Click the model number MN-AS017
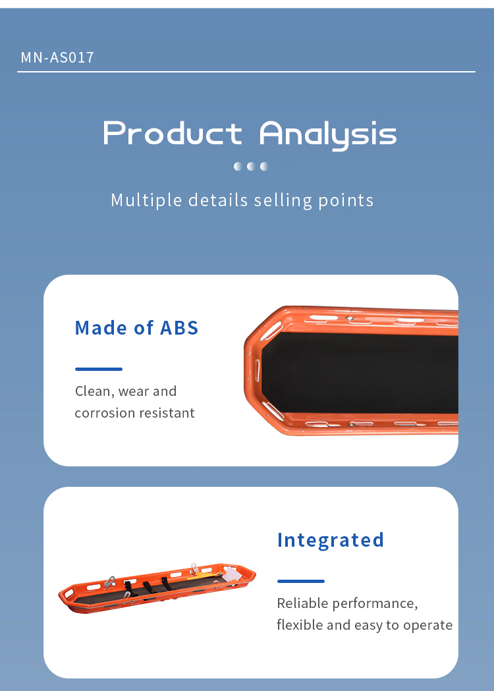(57, 57)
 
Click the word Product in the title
(173, 133)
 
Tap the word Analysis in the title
(328, 135)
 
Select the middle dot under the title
(251, 166)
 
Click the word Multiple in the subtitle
(146, 200)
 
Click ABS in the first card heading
(179, 328)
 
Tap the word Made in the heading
(101, 328)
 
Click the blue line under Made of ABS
(99, 370)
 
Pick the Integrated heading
(331, 541)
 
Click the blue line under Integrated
(301, 581)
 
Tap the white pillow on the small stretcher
(232, 574)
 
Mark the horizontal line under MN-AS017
(246, 71)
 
